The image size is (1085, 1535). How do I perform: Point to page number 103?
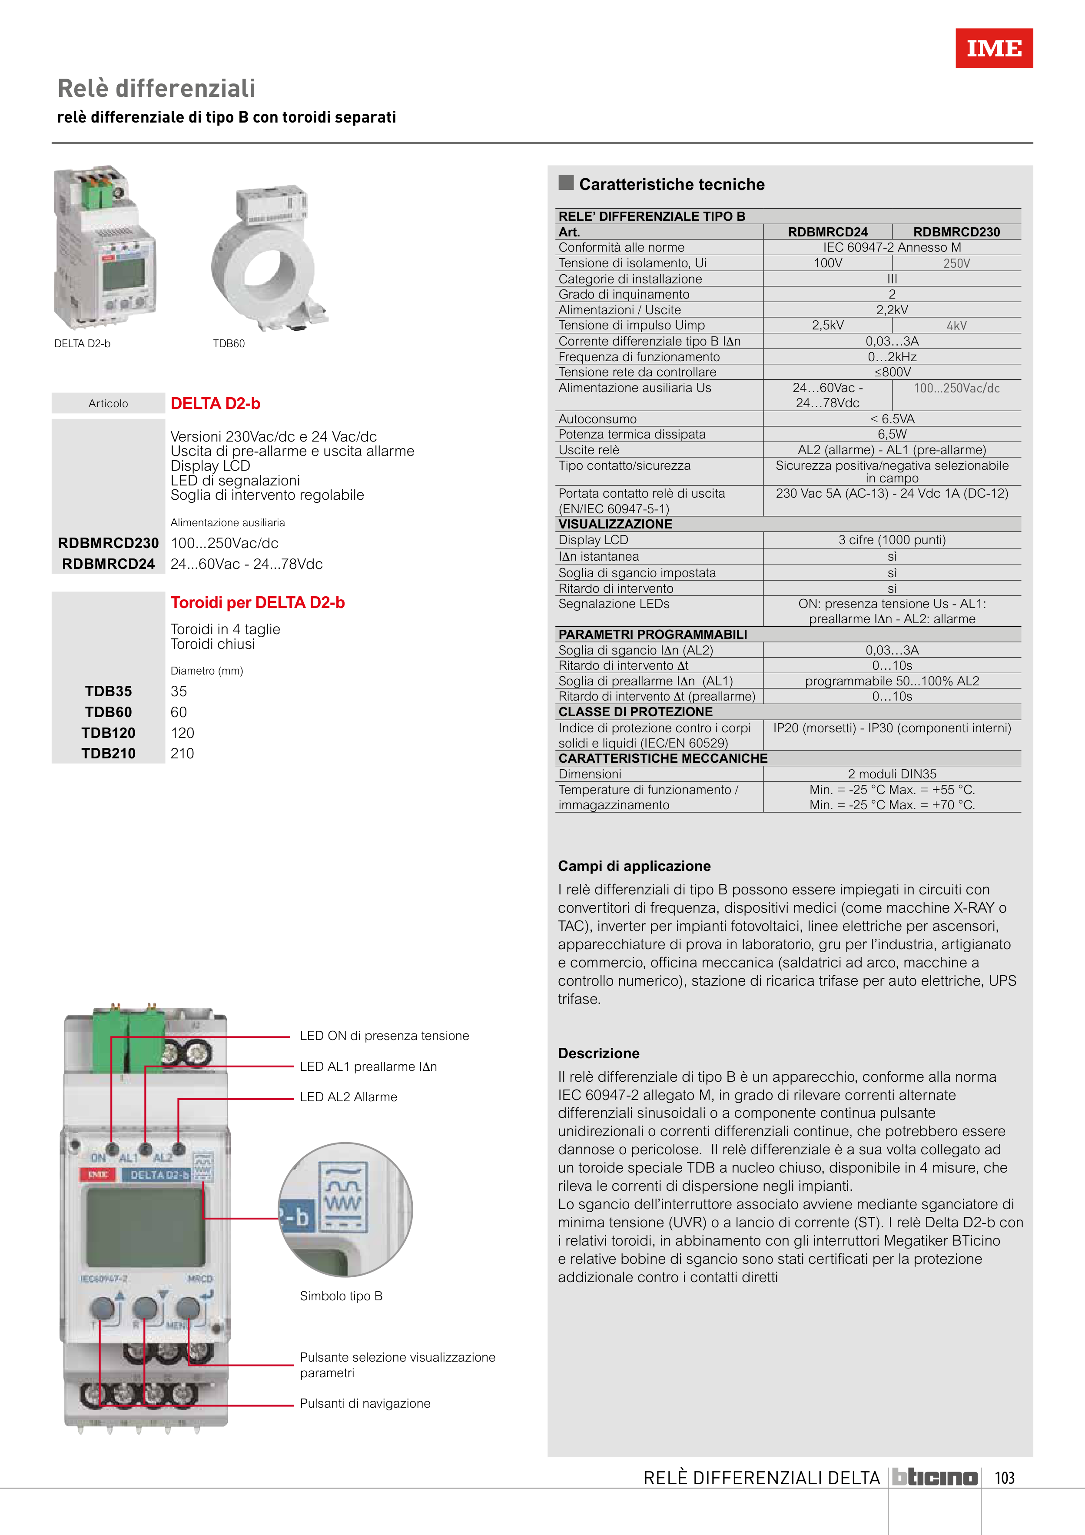[x=1004, y=1478]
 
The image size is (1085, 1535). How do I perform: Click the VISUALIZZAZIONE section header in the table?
[x=615, y=524]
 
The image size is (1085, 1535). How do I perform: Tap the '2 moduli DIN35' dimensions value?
[x=892, y=774]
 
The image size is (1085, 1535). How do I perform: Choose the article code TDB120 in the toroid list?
[x=108, y=733]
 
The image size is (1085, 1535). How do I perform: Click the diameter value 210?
[x=182, y=754]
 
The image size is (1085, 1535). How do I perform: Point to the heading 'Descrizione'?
[x=598, y=1053]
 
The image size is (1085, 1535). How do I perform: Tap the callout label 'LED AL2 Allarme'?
[x=348, y=1097]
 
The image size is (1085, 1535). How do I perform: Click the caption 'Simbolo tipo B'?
[x=341, y=1296]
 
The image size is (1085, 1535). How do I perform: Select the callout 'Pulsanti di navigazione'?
[x=365, y=1403]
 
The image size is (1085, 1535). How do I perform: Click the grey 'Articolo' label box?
[x=108, y=403]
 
